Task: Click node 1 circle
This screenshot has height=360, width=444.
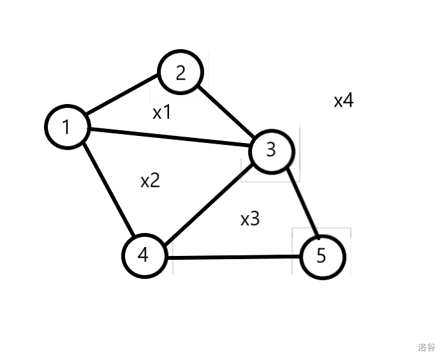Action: [x=66, y=127]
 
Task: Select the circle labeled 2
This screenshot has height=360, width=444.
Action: [x=181, y=73]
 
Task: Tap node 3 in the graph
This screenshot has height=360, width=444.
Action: [x=272, y=150]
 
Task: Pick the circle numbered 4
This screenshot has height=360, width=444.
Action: [x=144, y=256]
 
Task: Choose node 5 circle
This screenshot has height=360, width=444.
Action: [x=322, y=256]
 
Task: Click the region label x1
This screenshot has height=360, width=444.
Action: [x=162, y=113]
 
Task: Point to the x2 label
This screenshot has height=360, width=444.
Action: [x=150, y=181]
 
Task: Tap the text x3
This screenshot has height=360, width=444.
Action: [x=250, y=219]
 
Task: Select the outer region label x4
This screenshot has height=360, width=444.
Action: [x=343, y=100]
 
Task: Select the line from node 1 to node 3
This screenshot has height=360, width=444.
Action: [x=169, y=138]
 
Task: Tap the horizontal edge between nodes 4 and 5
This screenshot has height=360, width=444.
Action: [x=233, y=257]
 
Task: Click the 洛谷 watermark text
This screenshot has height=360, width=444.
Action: [x=427, y=347]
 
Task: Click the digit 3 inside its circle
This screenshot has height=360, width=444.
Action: [x=271, y=150]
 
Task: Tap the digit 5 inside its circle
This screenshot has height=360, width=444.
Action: [x=322, y=256]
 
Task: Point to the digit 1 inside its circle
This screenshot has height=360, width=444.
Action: [x=66, y=127]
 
